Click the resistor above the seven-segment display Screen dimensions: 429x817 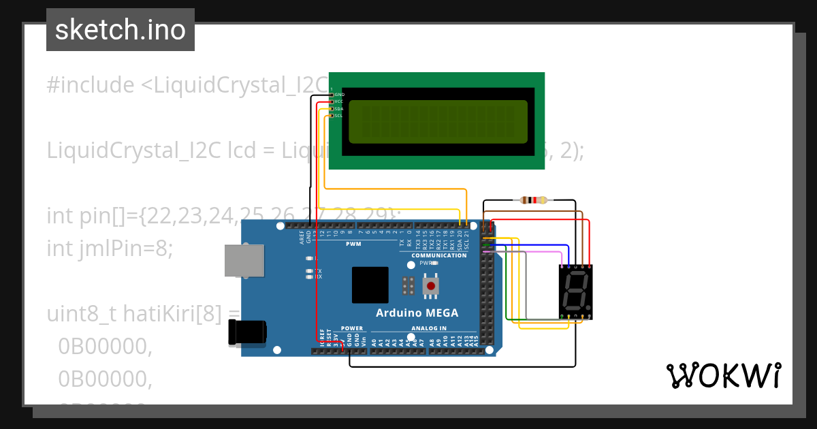tap(533, 200)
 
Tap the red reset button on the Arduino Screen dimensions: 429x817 tap(430, 285)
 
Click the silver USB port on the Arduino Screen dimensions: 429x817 tap(244, 261)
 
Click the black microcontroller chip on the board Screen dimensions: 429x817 tap(370, 285)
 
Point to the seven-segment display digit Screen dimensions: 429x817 tap(575, 291)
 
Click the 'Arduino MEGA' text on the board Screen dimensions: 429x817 tap(417, 313)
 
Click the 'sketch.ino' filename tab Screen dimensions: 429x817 tap(121, 30)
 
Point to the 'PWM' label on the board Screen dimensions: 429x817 tap(353, 243)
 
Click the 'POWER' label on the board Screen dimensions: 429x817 tap(352, 328)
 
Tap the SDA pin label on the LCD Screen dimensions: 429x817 tap(338, 109)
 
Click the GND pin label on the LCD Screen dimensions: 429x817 tap(339, 95)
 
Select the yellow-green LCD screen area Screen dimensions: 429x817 tap(438, 122)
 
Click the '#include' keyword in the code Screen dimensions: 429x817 tap(91, 85)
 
